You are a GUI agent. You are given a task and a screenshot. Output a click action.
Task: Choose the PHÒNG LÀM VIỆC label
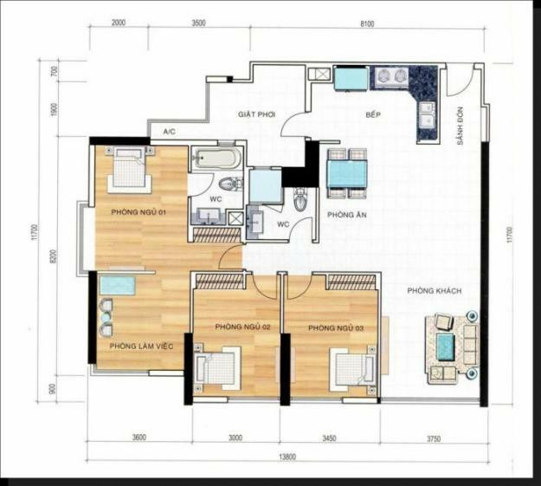142,347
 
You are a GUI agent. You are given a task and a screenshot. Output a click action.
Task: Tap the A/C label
170,133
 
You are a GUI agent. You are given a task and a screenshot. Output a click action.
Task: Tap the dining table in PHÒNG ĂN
347,171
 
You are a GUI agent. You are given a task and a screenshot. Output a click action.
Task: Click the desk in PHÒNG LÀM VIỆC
116,285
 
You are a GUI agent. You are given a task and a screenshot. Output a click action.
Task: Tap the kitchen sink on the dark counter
426,110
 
